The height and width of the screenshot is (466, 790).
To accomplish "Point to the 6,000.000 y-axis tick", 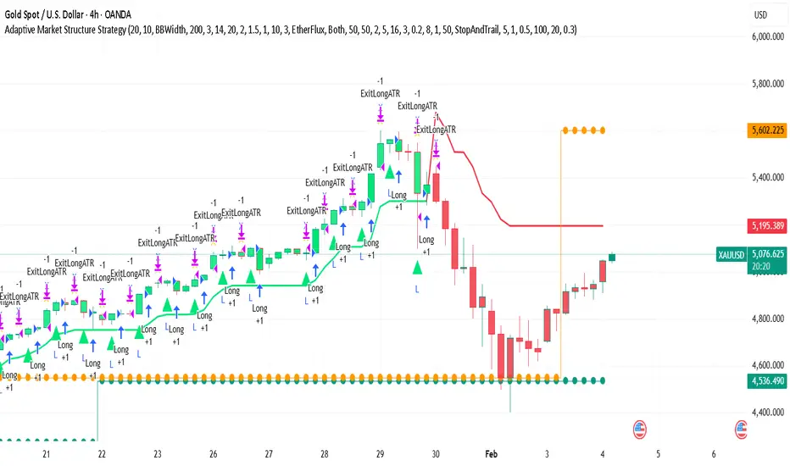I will point(765,37).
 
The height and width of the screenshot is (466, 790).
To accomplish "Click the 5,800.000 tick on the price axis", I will point(765,84).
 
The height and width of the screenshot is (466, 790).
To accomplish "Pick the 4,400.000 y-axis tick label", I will point(765,413).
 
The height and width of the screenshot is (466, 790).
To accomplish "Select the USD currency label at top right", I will point(762,14).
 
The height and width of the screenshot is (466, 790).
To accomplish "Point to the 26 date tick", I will point(213,454).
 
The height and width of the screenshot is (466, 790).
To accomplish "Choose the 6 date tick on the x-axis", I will point(715,454).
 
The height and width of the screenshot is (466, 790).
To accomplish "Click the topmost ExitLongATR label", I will point(380,94).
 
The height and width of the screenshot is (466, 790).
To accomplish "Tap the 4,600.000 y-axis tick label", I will point(765,365).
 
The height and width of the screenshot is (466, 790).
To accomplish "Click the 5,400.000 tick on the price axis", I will point(765,178).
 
